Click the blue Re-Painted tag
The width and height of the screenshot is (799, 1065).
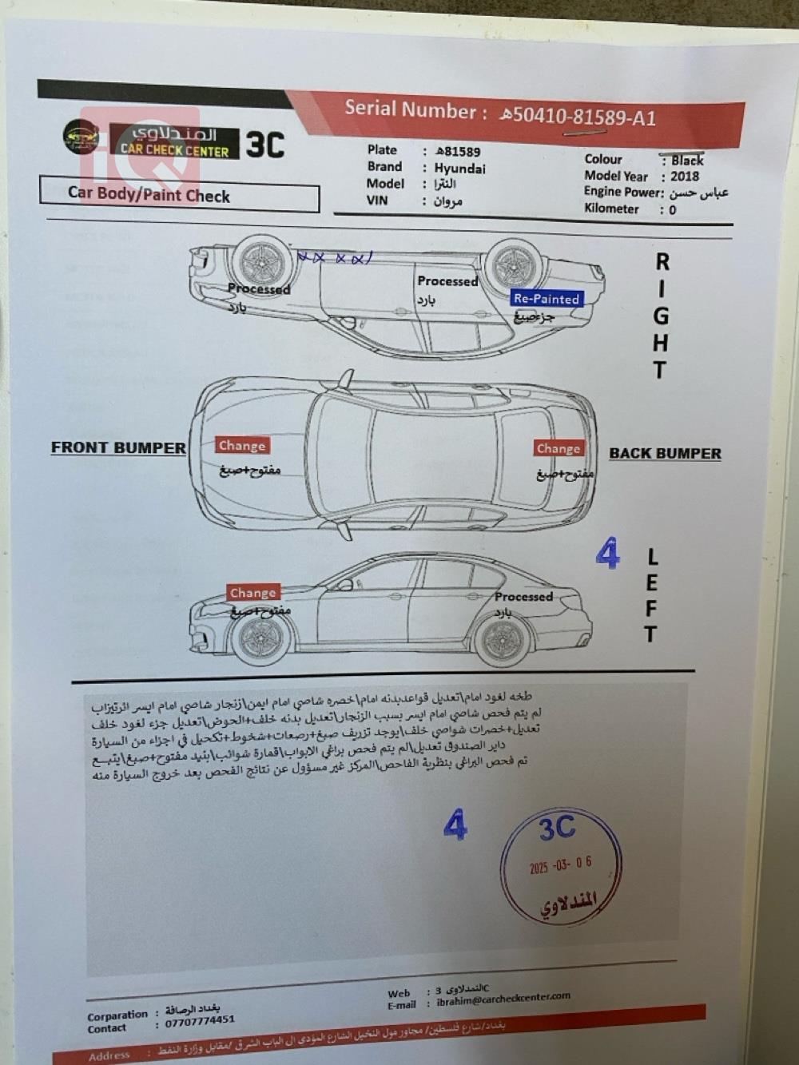[547, 299]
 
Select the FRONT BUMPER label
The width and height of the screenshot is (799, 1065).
[118, 447]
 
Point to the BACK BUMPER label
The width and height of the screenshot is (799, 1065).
[665, 453]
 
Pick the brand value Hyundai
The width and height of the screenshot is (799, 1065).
[459, 169]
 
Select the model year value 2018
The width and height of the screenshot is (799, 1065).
[685, 177]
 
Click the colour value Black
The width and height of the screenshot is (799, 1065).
[687, 161]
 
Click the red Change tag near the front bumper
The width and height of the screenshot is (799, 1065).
[241, 446]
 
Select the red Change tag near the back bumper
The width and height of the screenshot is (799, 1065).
[559, 448]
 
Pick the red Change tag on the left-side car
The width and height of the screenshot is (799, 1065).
[252, 593]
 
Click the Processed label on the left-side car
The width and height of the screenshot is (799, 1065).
[523, 597]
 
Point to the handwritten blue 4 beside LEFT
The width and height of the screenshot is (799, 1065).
[607, 553]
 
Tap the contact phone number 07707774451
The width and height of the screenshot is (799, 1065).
[200, 1020]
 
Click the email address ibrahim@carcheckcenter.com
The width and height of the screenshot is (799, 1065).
[503, 999]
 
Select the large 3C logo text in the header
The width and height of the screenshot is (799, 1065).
[265, 145]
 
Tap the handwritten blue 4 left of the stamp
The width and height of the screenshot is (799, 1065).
[455, 824]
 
